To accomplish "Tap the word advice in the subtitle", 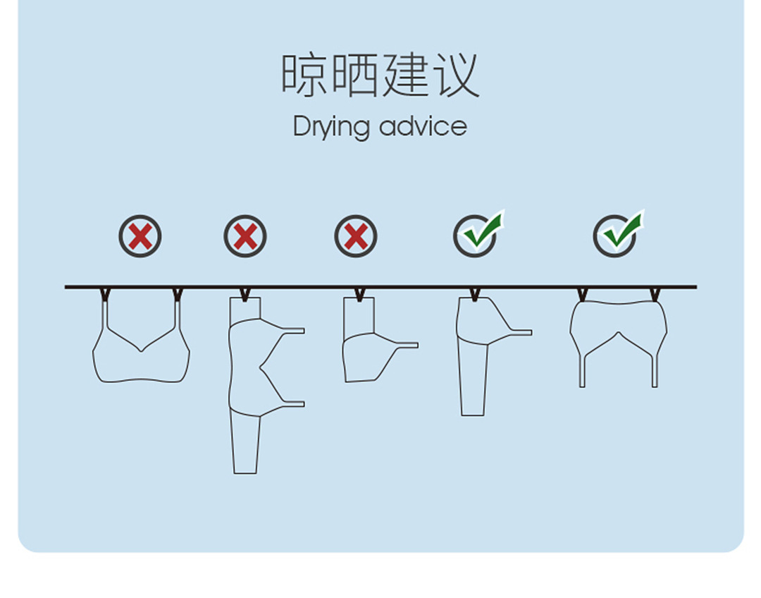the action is click(423, 127).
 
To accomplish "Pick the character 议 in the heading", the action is click(456, 75).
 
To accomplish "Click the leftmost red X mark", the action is click(140, 236).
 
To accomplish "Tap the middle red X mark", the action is click(245, 236).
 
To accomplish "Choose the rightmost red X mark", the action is click(356, 236).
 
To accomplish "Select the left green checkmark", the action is click(478, 235).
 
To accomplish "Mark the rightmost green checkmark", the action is click(618, 235).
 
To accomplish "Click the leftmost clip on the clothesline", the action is click(105, 294).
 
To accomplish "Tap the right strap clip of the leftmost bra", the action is click(178, 294).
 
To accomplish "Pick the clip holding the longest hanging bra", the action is click(245, 294).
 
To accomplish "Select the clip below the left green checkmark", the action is click(475, 294).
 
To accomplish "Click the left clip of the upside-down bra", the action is click(582, 294).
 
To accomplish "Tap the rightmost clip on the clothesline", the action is click(655, 294).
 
